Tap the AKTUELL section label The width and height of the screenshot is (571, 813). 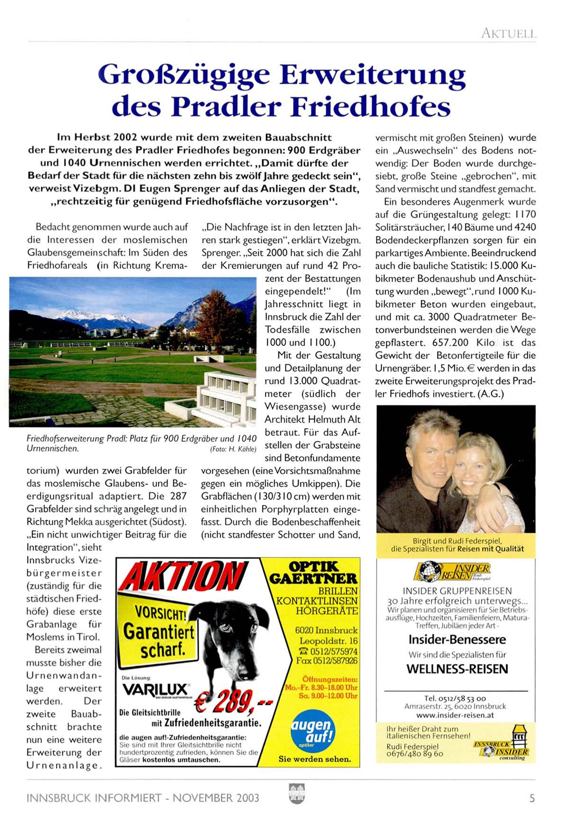pos(508,34)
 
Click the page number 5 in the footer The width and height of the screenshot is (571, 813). pos(532,798)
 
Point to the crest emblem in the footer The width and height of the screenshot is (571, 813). pos(296,794)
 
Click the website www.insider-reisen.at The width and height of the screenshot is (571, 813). pos(455,715)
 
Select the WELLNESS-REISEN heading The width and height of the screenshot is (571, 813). pos(457,669)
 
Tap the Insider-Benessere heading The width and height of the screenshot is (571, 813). pos(457,639)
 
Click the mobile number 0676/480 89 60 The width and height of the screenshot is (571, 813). pos(414,753)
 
